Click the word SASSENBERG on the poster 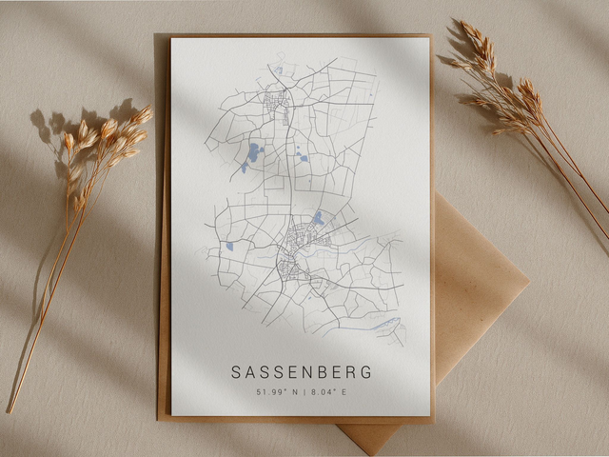(301, 371)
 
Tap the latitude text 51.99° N (278, 391)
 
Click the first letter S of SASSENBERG (236, 371)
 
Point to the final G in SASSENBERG (366, 371)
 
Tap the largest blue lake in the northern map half (254, 151)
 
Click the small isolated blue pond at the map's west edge (229, 247)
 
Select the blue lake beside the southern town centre (318, 219)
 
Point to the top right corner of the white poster (430, 38)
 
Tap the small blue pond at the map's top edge (278, 70)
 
